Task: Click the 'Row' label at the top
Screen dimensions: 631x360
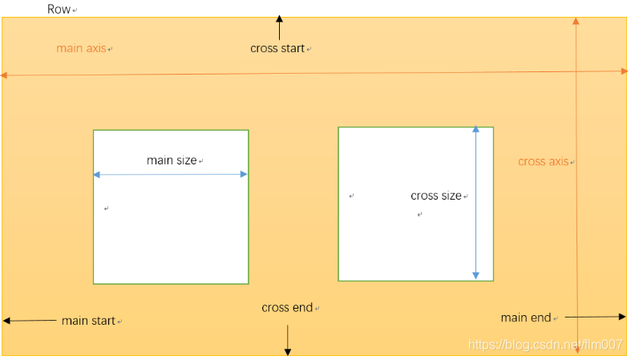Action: pos(59,10)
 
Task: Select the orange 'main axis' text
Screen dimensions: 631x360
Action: pos(80,49)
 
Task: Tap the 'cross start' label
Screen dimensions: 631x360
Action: pos(277,49)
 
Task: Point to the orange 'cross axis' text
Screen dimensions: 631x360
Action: pos(543,162)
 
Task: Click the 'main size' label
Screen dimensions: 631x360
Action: pos(172,160)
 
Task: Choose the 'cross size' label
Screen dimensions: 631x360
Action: pos(435,196)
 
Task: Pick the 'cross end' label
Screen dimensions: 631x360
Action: pos(286,308)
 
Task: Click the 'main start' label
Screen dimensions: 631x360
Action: pos(88,321)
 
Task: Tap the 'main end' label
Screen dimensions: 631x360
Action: pos(525,318)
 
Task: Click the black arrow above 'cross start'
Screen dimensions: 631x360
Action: pos(279,27)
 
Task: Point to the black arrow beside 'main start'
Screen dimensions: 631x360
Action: pos(29,320)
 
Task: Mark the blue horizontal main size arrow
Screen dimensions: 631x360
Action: pos(170,174)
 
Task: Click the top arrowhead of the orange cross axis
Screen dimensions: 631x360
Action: pos(575,22)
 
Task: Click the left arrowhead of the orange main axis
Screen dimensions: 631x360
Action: pos(5,75)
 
